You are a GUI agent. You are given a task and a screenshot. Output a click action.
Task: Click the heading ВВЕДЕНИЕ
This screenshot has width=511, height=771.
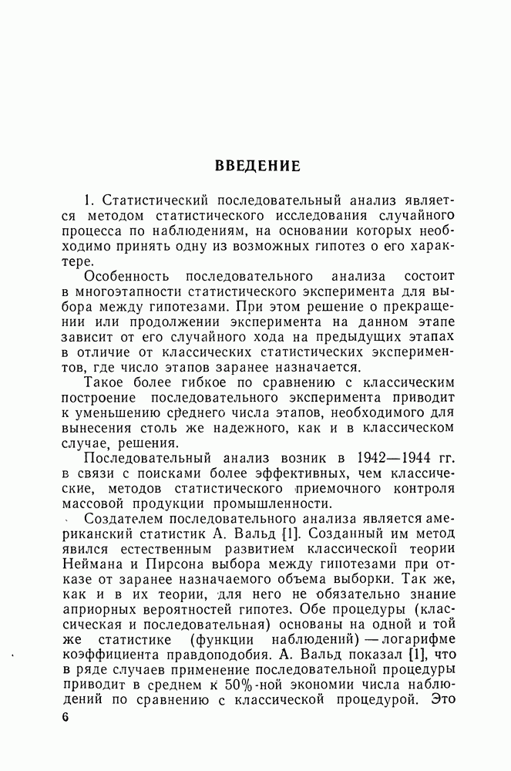[257, 166]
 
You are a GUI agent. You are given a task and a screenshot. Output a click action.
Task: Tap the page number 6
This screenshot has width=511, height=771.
[65, 718]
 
